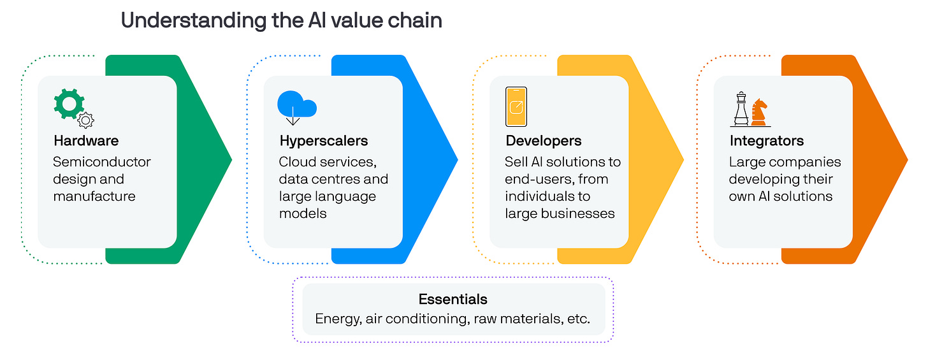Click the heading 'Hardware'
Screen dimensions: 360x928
(x=86, y=141)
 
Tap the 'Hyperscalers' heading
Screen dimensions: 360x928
(x=324, y=141)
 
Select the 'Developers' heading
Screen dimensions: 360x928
(x=544, y=141)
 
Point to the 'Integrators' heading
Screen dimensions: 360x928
(x=767, y=141)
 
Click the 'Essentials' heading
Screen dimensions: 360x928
(x=453, y=299)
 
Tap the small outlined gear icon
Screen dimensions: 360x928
(x=86, y=120)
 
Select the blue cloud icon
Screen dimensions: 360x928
(x=296, y=105)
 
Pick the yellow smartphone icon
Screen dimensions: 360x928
(x=516, y=106)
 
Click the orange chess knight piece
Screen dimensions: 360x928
(x=760, y=113)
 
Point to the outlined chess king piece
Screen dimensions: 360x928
(x=741, y=109)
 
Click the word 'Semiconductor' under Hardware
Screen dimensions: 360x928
(x=102, y=162)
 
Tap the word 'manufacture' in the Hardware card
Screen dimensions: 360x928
(x=94, y=196)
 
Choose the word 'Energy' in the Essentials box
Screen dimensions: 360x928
(x=338, y=319)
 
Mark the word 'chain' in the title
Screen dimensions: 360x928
(x=414, y=20)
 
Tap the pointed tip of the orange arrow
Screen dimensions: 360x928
(x=907, y=159)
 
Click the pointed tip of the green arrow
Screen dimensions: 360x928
(x=231, y=159)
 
